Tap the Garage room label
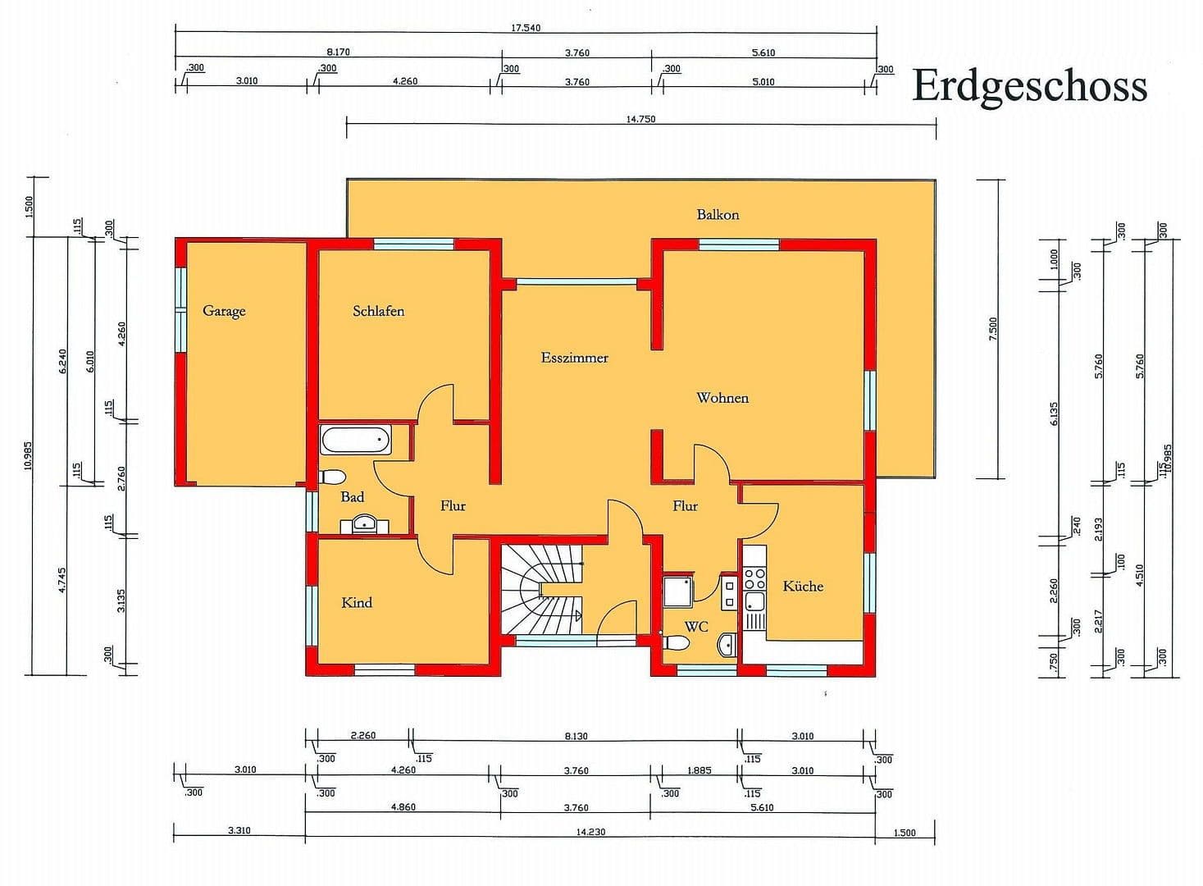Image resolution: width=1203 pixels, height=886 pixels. (224, 311)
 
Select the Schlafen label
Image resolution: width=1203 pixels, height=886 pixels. (378, 311)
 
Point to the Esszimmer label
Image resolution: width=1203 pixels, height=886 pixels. (574, 358)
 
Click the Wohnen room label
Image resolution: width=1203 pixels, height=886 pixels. (722, 398)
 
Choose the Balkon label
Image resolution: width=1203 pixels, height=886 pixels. (718, 215)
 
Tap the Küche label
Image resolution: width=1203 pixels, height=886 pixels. (803, 586)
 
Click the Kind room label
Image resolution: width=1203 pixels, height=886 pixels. (357, 602)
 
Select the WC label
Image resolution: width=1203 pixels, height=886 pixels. (696, 627)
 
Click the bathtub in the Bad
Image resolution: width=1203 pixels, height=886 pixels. (356, 440)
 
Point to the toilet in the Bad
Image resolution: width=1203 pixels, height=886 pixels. (333, 477)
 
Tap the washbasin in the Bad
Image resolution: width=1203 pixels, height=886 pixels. (364, 523)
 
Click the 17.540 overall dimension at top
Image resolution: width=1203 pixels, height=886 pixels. (526, 28)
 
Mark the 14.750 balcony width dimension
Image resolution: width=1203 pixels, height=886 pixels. (640, 119)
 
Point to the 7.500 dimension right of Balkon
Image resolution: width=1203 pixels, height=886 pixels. (993, 328)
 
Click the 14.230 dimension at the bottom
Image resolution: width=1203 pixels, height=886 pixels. (590, 832)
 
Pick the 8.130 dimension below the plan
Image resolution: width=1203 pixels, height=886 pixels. (576, 736)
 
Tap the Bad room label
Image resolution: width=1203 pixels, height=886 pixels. (353, 497)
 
